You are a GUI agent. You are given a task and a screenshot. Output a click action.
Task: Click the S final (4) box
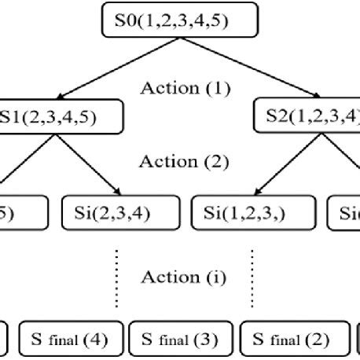point(71,341)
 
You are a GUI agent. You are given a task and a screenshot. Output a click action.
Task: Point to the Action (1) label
point(184,87)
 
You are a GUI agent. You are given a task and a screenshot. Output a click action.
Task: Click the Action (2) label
point(184,162)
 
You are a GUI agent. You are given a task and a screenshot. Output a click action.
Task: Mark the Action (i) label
point(182,277)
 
